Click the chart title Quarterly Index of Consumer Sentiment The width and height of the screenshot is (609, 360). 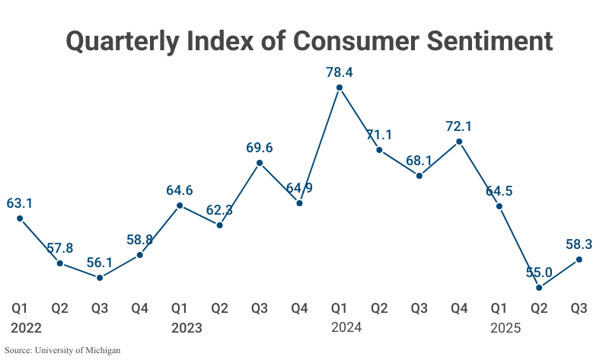309,40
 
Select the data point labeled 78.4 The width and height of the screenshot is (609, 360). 340,88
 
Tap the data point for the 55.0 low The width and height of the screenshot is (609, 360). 539,288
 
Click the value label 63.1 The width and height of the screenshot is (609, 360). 20,203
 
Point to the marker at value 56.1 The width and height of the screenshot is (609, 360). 100,278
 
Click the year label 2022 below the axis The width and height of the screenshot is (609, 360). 27,328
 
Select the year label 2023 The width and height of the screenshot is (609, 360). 187,328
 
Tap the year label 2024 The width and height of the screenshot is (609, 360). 346,328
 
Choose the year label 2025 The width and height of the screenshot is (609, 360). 506,328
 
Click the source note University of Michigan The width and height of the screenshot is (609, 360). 62,351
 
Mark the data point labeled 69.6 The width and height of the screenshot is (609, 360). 260,162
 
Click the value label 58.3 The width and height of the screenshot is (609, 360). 579,244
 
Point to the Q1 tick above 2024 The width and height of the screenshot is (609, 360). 340,308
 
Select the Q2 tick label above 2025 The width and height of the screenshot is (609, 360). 539,308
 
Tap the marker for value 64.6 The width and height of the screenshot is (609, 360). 180,205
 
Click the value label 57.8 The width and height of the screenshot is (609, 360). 59,248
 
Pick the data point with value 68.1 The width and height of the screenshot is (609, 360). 419,176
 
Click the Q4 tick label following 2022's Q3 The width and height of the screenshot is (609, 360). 139,308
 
